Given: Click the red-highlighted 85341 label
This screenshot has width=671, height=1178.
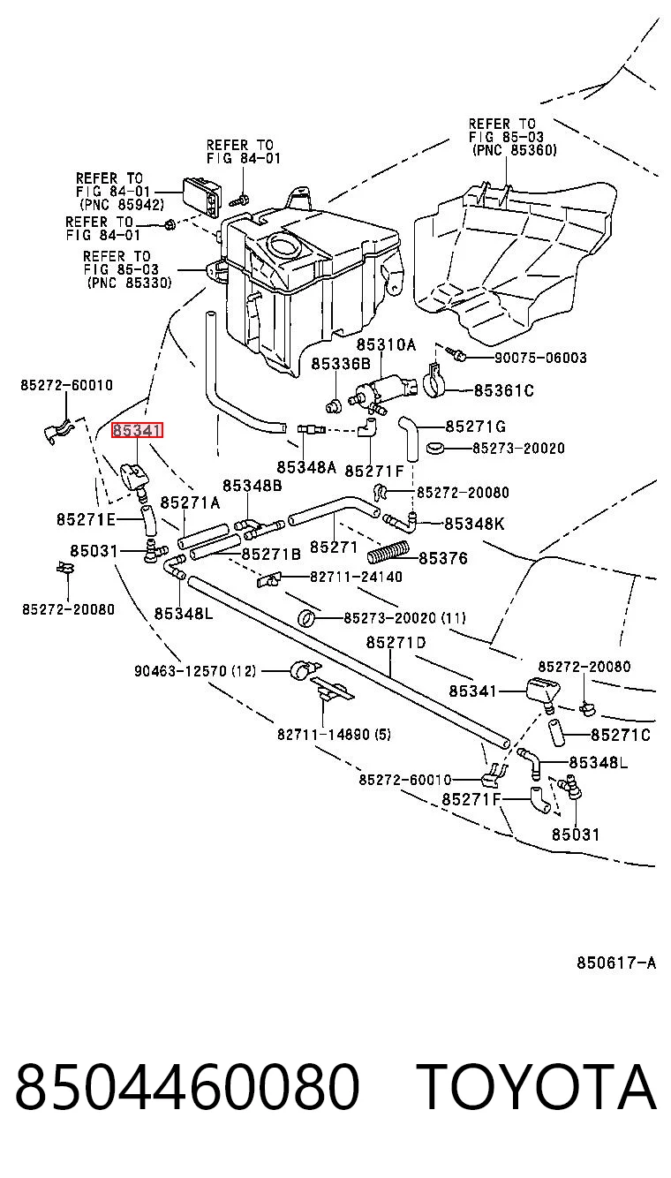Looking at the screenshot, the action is tap(137, 431).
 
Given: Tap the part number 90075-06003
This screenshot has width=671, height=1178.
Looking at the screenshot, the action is tap(540, 359).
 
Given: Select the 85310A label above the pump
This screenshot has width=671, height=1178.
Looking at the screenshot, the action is tap(386, 345).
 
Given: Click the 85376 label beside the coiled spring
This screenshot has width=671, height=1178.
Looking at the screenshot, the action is tap(443, 558).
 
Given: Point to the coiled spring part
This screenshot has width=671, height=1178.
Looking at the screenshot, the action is tap(388, 551).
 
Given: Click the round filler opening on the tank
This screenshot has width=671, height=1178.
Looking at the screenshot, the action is tap(283, 245).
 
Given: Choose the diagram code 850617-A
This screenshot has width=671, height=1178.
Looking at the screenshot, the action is tap(616, 963).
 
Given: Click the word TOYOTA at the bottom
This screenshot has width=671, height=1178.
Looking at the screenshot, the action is tap(537, 1086).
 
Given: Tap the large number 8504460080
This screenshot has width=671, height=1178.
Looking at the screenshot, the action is tap(187, 1086).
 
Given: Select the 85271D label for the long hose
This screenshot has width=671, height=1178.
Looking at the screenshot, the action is tap(396, 643).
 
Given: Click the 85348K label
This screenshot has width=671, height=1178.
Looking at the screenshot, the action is tap(474, 524).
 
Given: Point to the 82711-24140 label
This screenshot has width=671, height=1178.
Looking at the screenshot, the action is tap(356, 577).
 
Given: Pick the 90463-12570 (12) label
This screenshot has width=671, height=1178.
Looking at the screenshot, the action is tap(195, 671).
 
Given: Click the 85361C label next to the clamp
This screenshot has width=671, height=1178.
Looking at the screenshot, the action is tap(504, 390).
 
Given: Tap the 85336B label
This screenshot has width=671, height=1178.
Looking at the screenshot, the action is tap(341, 364).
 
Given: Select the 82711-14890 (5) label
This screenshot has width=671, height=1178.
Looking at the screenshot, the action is tap(334, 734).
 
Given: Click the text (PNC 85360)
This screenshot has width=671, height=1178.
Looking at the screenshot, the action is tap(515, 150).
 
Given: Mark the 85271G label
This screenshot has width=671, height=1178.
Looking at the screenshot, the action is tap(475, 426).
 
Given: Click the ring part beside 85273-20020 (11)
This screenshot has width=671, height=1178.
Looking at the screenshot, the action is tap(306, 618).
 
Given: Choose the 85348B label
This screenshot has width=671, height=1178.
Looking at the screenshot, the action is tap(252, 486).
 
